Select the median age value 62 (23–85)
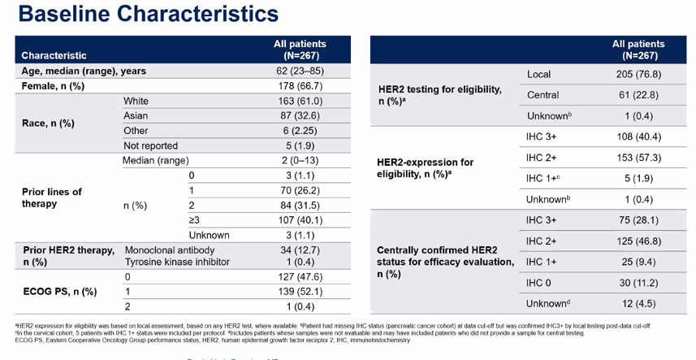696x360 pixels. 300,72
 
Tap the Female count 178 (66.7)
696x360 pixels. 300,86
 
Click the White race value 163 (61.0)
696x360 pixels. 300,102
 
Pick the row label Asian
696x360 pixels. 136,116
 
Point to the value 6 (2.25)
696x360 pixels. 300,131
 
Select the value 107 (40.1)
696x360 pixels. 300,219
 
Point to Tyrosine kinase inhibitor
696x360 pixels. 177,262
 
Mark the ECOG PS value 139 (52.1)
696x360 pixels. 300,291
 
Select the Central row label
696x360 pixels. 543,96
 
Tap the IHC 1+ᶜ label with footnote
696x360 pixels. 544,179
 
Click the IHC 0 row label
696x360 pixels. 541,282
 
